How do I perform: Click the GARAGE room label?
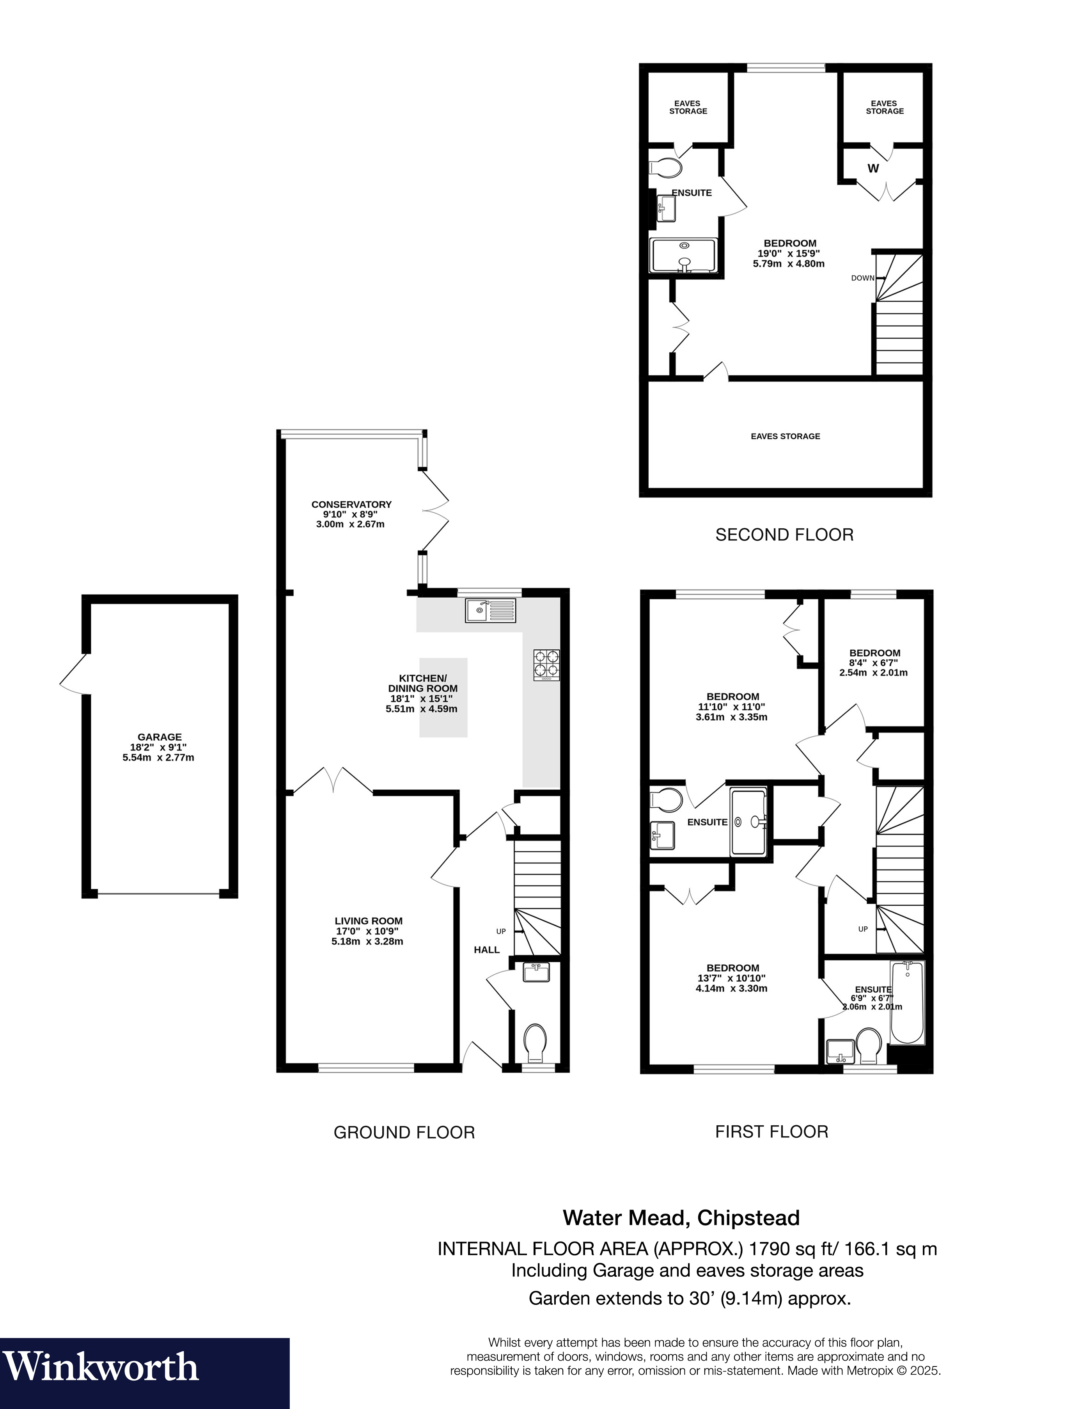point(160,737)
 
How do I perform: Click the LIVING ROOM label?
point(368,921)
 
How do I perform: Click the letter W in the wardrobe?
point(873,169)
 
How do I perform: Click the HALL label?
point(487,950)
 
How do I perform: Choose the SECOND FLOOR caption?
point(784,535)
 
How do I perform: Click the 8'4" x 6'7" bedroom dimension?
point(874,663)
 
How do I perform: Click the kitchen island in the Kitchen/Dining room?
point(443,697)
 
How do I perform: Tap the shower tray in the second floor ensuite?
point(683,255)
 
